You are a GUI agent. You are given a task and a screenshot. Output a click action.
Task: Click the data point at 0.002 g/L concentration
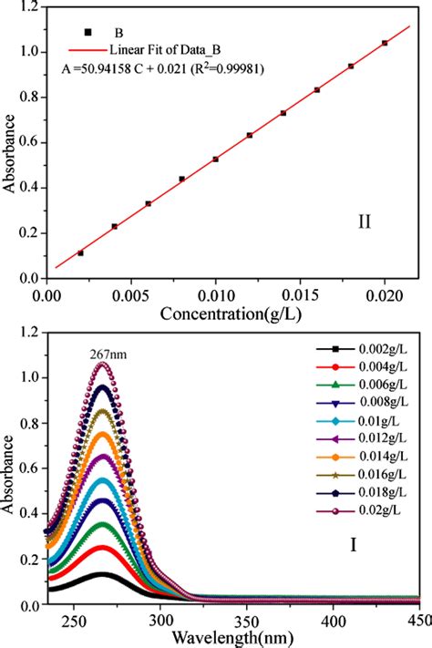point(80,252)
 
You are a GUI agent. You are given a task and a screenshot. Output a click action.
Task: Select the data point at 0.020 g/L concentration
point(385,43)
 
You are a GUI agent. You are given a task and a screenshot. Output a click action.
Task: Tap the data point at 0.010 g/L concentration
point(215,159)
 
